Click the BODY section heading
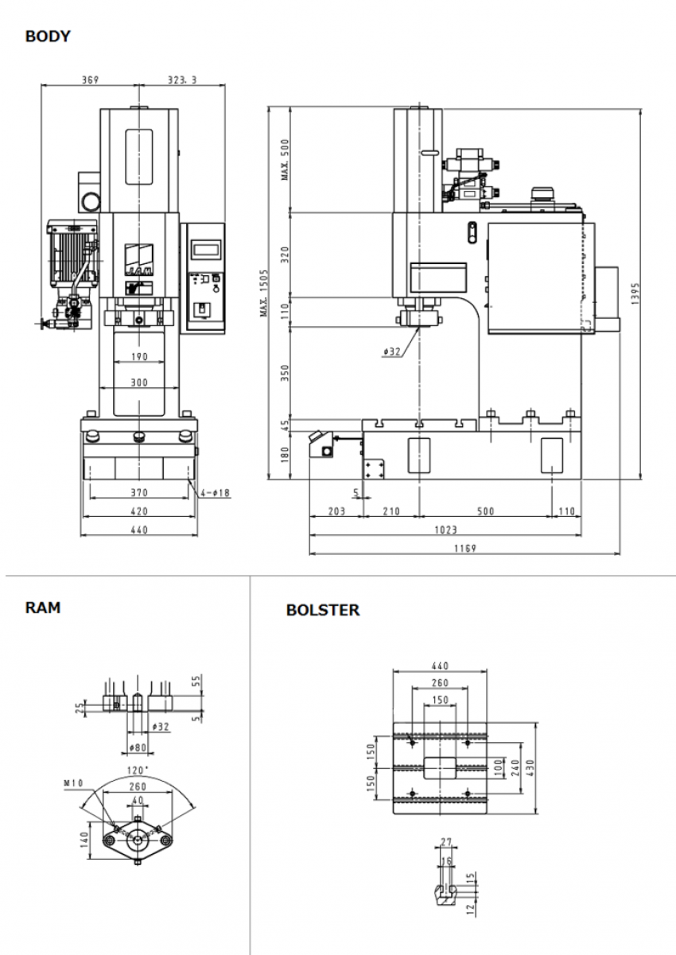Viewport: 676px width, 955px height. click(x=48, y=37)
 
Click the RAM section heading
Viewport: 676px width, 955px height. click(x=42, y=608)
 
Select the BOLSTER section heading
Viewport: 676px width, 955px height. click(x=322, y=611)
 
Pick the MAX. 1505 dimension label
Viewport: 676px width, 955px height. click(x=264, y=293)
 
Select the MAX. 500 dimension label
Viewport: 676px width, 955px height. click(x=286, y=160)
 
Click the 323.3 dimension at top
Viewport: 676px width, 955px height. click(x=181, y=80)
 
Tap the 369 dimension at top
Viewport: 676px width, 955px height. click(x=90, y=80)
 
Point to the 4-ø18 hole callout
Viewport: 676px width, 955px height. click(x=214, y=493)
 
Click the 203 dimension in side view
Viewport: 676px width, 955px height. click(x=336, y=511)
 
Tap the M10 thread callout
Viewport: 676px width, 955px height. click(x=73, y=782)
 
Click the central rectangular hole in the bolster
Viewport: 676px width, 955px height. click(x=439, y=767)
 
